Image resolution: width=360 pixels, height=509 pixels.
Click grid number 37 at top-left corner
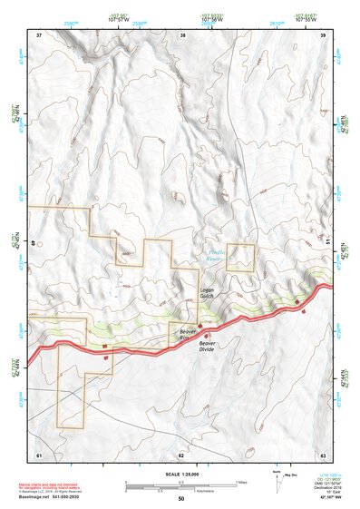coord(39,34)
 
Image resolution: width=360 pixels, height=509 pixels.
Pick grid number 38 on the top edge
coord(183,34)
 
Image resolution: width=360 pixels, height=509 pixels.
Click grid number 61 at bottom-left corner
coord(39,454)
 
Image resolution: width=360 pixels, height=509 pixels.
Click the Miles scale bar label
coord(240,481)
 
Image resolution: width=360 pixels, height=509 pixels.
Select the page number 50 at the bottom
coord(180,499)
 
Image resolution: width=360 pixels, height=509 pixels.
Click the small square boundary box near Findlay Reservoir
coord(240,258)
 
